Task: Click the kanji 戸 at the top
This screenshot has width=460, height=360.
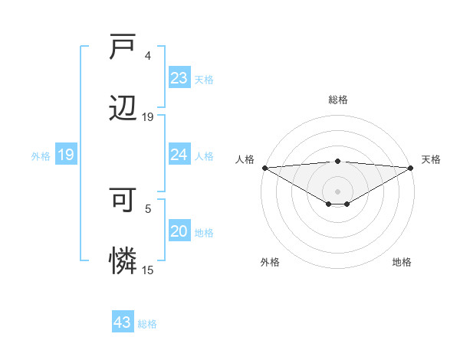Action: pos(123,47)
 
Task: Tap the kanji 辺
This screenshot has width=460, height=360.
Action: pos(123,110)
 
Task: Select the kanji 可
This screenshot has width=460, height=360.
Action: pos(123,200)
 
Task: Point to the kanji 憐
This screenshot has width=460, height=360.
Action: pos(123,262)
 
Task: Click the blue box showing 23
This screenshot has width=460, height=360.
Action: pos(179,78)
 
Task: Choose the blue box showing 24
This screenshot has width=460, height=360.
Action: pos(179,155)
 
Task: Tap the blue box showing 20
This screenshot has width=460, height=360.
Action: pos(179,231)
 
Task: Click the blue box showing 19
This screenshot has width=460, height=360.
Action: pos(66,155)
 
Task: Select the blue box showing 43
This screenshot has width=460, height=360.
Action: pos(123,322)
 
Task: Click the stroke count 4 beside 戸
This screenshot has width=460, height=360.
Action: pos(148,56)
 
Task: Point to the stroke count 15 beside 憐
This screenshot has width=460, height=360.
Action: pos(148,270)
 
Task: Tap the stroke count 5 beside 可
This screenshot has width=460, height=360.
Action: pos(148,208)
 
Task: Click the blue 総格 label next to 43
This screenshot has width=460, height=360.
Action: pos(147,324)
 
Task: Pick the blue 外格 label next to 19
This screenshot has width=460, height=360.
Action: pos(41,156)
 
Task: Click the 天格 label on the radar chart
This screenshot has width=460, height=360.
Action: pos(432,159)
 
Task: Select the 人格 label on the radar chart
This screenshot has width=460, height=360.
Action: pos(245,159)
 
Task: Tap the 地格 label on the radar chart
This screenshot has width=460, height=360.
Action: pos(402,262)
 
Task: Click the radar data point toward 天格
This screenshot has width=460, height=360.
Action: pos(411,168)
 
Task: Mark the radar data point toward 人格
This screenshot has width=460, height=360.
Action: pos(264,168)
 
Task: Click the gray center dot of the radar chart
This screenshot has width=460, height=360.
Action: pos(337,191)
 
